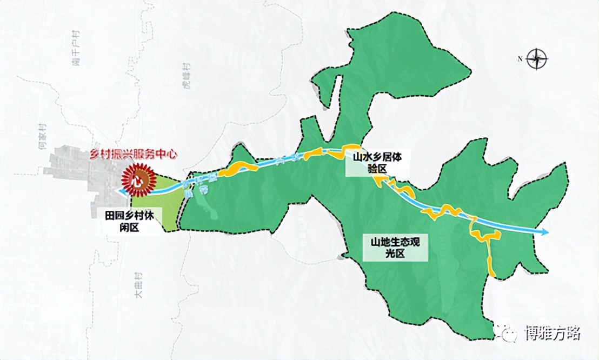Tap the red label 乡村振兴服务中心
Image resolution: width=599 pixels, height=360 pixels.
pyautogui.click(x=134, y=154)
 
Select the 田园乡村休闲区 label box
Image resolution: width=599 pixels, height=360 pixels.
pyautogui.click(x=126, y=221)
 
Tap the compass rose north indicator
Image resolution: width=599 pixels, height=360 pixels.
pyautogui.click(x=536, y=58)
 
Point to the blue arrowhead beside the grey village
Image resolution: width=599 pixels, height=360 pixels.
pyautogui.click(x=118, y=191)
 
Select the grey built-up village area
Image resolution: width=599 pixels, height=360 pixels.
pyautogui.click(x=81, y=173)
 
